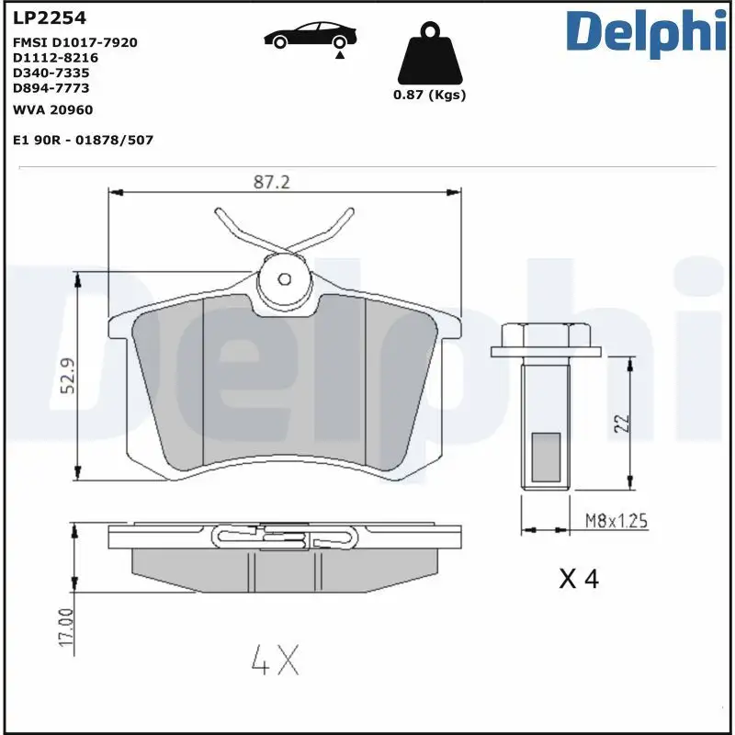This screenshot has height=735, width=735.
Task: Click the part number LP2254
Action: click(x=42, y=17)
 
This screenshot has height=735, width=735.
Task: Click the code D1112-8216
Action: click(x=55, y=57)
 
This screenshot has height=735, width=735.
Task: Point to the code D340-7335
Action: click(x=51, y=72)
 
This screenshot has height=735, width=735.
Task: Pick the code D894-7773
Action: click(x=51, y=87)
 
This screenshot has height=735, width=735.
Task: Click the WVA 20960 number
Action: click(x=52, y=109)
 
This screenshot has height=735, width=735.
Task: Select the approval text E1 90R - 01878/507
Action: click(x=82, y=140)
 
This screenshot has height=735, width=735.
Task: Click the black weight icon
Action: click(x=429, y=57)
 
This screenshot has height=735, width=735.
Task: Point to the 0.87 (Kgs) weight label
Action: click(x=429, y=96)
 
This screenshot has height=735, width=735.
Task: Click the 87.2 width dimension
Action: click(x=271, y=182)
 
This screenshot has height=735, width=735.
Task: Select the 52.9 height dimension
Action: click(x=66, y=377)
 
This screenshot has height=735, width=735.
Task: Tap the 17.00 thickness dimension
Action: click(x=66, y=628)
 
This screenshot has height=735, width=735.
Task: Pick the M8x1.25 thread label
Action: click(x=616, y=522)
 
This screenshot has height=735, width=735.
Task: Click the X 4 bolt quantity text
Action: click(x=579, y=579)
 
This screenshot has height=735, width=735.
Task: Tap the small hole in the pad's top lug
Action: click(x=285, y=278)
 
